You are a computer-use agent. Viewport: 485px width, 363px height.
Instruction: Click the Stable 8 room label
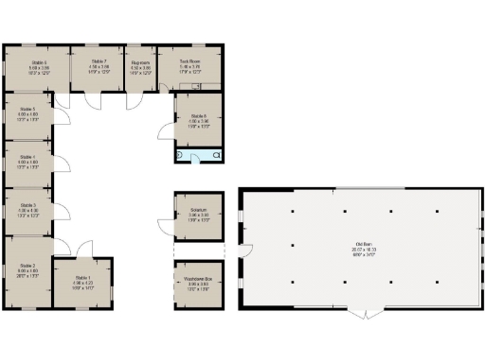tap(198, 119)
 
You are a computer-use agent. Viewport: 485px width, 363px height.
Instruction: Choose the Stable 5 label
tap(27, 113)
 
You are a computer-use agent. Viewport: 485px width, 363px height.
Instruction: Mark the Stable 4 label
tap(27, 160)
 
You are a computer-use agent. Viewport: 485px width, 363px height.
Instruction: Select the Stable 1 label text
tap(83, 281)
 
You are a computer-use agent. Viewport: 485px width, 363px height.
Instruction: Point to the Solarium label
tap(198, 214)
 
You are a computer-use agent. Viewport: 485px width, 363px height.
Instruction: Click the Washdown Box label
tap(198, 281)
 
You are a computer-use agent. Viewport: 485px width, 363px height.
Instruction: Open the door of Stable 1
tap(84, 250)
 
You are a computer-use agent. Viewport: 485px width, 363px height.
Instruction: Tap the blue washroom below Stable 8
tap(199, 153)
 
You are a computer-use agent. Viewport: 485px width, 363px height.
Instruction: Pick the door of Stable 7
tap(94, 98)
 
